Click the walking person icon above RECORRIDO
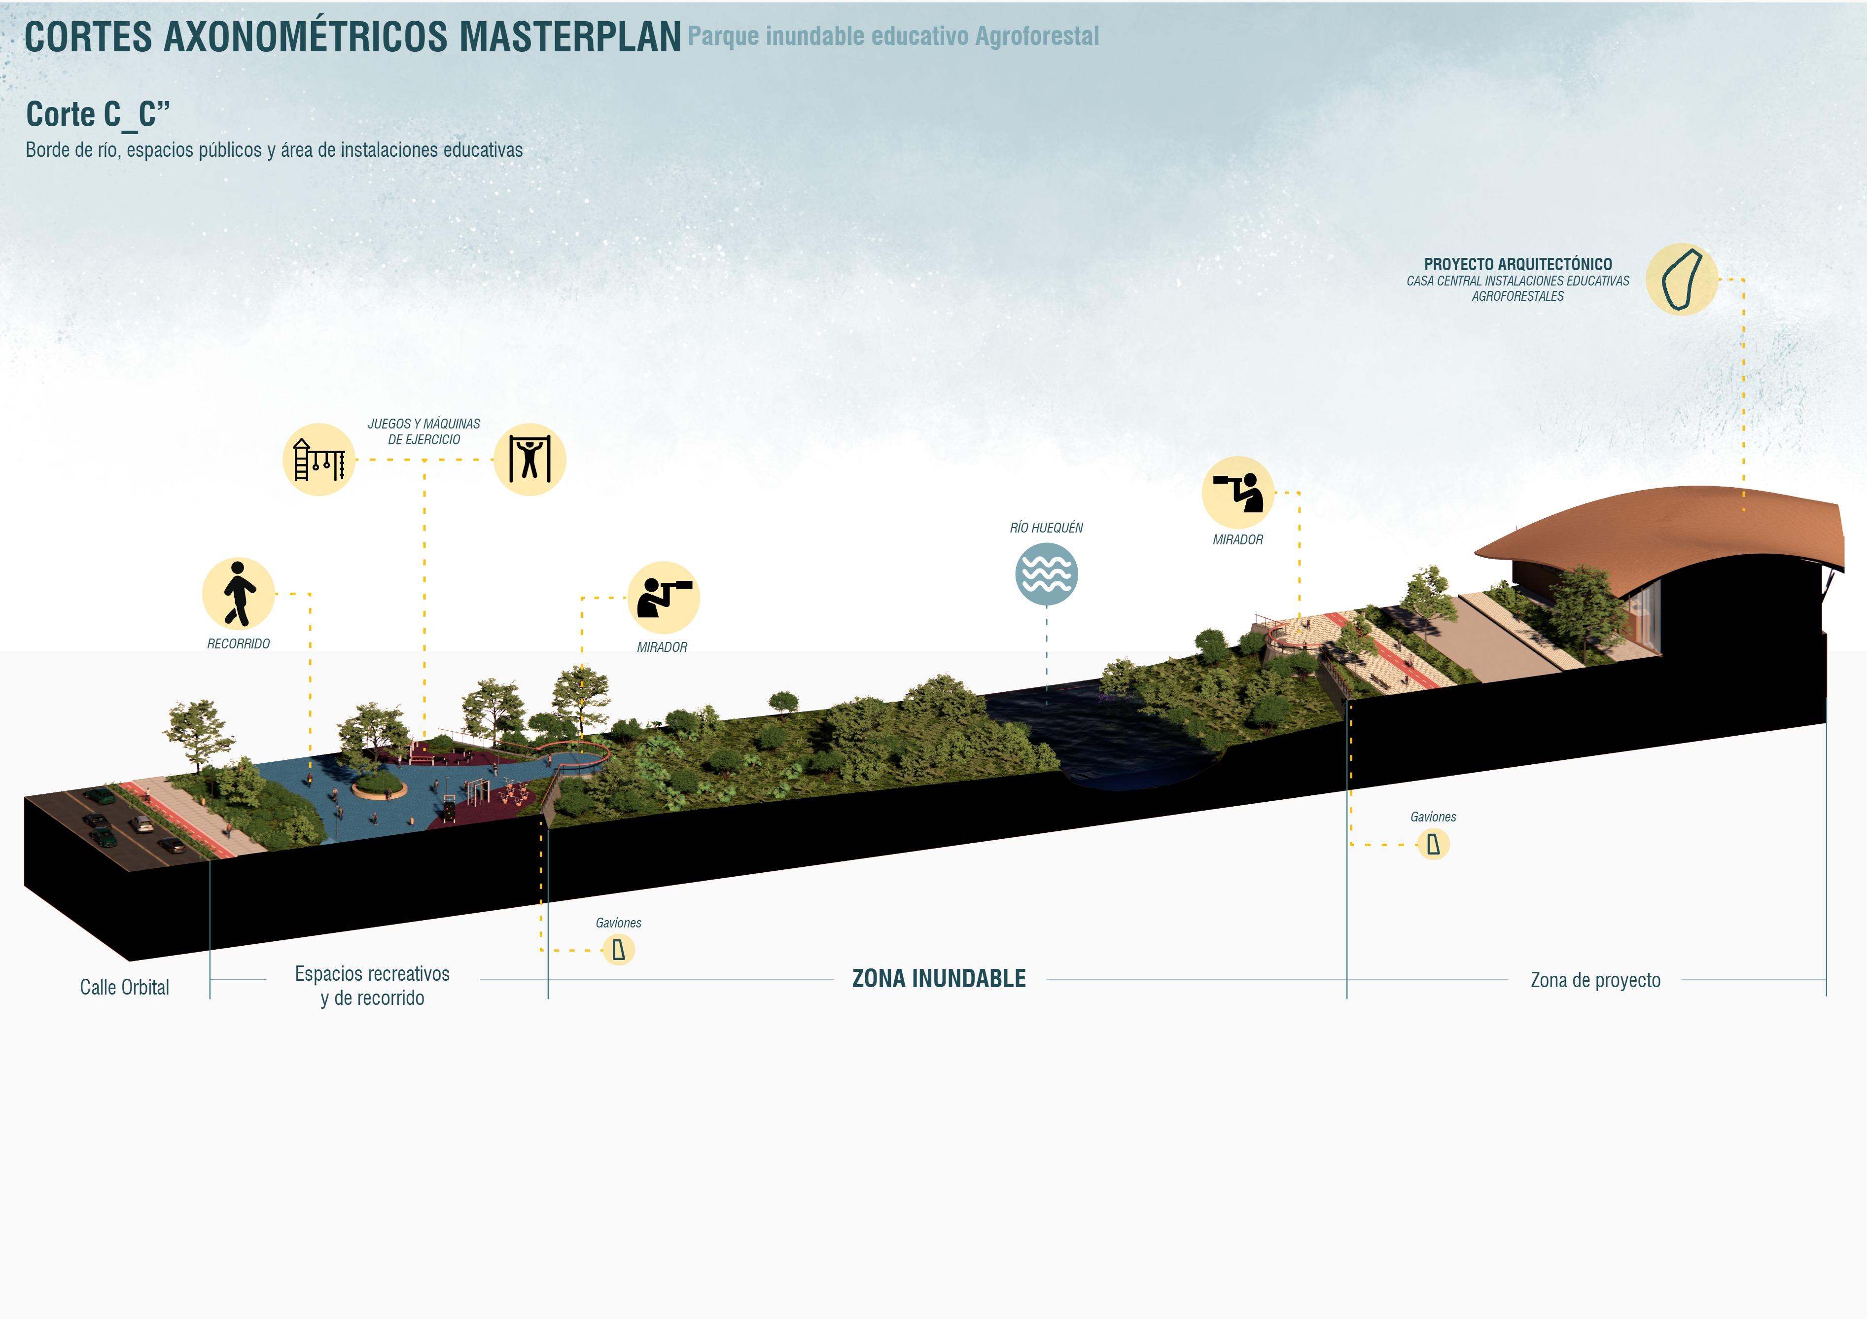(x=238, y=594)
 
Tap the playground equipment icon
(x=319, y=460)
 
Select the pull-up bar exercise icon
(x=529, y=460)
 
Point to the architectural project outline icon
(x=1682, y=280)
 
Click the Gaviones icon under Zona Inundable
(x=619, y=950)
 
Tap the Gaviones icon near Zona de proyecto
(x=1433, y=844)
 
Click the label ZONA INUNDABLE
(x=938, y=978)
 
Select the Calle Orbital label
(x=124, y=987)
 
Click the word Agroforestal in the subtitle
(x=1037, y=36)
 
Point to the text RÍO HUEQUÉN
(x=1046, y=528)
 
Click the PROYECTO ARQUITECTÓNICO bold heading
(x=1517, y=264)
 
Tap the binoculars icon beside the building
(x=1237, y=492)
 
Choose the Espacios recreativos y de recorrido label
(x=372, y=986)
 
